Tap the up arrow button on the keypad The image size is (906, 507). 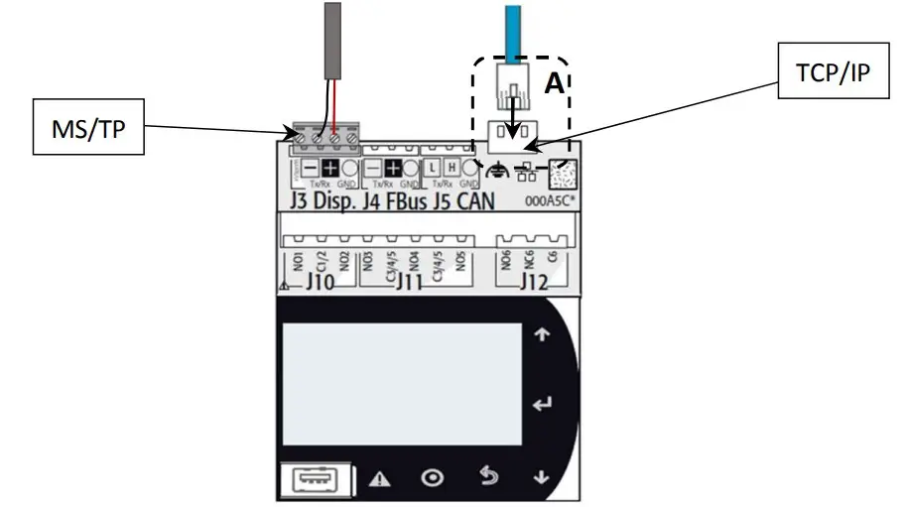(x=541, y=335)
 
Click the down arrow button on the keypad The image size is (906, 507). (x=541, y=477)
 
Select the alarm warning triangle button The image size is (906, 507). (x=379, y=478)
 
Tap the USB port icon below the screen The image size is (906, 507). (x=311, y=478)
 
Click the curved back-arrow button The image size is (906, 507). (x=487, y=477)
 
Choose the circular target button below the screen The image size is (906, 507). (x=433, y=478)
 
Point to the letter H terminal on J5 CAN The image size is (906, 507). (x=451, y=169)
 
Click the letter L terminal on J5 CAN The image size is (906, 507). (x=433, y=169)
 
